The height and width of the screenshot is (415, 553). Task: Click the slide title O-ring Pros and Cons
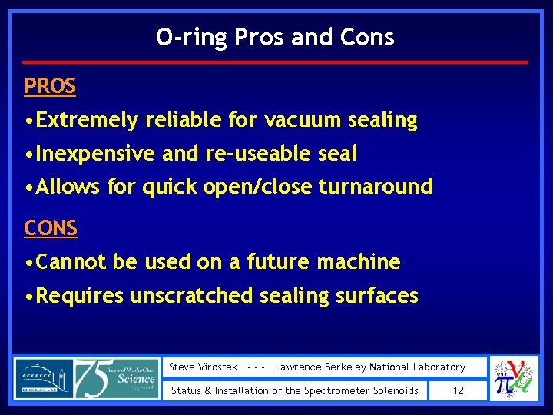click(x=275, y=37)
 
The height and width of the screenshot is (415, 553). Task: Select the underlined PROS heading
click(x=50, y=87)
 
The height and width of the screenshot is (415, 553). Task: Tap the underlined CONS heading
click(x=51, y=228)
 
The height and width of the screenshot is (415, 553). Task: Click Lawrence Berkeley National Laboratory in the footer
click(x=369, y=367)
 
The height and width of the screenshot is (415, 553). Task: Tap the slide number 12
click(x=459, y=391)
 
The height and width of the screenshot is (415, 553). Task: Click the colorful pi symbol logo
click(x=513, y=379)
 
